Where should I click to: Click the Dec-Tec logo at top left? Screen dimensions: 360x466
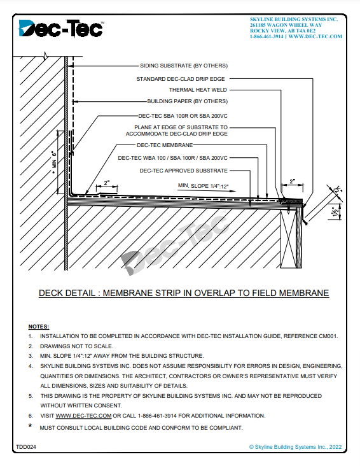[61, 28]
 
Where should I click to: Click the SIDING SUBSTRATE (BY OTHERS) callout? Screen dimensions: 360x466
[184, 66]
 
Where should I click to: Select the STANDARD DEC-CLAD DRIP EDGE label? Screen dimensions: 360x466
[181, 79]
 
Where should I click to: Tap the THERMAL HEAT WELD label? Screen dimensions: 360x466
[198, 90]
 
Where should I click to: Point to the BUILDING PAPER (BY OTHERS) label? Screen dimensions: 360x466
[188, 101]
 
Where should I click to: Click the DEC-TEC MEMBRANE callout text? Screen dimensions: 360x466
[165, 145]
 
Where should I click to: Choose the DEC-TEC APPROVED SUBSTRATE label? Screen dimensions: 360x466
[184, 171]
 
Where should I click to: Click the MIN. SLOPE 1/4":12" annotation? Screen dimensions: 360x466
[203, 186]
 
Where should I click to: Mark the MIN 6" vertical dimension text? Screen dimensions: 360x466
[54, 161]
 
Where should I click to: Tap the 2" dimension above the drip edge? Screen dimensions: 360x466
[293, 181]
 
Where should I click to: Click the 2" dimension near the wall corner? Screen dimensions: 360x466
[107, 183]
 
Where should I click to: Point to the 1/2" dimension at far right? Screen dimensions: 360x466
[336, 211]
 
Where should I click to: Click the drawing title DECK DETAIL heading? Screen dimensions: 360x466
[184, 293]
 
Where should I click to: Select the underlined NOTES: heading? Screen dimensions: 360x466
[39, 327]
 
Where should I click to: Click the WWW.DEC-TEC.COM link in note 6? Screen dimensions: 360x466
[83, 416]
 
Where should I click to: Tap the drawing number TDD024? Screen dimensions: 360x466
[26, 447]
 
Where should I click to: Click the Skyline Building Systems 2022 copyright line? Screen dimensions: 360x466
[295, 447]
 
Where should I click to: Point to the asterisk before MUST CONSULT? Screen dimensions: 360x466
[31, 426]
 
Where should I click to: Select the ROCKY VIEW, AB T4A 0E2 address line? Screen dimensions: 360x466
[282, 31]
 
